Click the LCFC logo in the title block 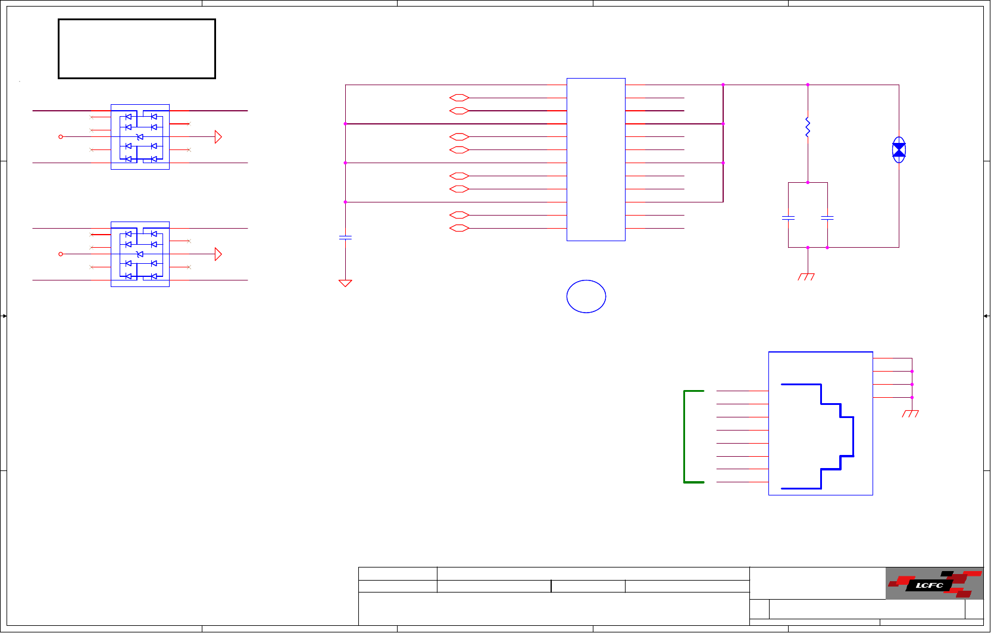point(934,584)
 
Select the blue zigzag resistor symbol point(808,127)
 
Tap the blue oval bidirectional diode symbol point(899,149)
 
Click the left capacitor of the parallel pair point(788,219)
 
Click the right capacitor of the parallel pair point(827,219)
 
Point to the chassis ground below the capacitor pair point(806,276)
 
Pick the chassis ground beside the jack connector point(910,413)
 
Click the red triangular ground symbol point(345,283)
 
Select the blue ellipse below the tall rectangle point(586,297)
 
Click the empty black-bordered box point(137,49)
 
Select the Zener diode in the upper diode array point(140,137)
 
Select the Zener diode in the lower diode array point(140,254)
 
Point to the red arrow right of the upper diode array point(218,137)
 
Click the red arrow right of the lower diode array point(218,254)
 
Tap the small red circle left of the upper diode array point(61,137)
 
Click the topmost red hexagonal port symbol point(459,98)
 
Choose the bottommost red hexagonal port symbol point(459,228)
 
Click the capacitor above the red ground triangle point(345,238)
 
